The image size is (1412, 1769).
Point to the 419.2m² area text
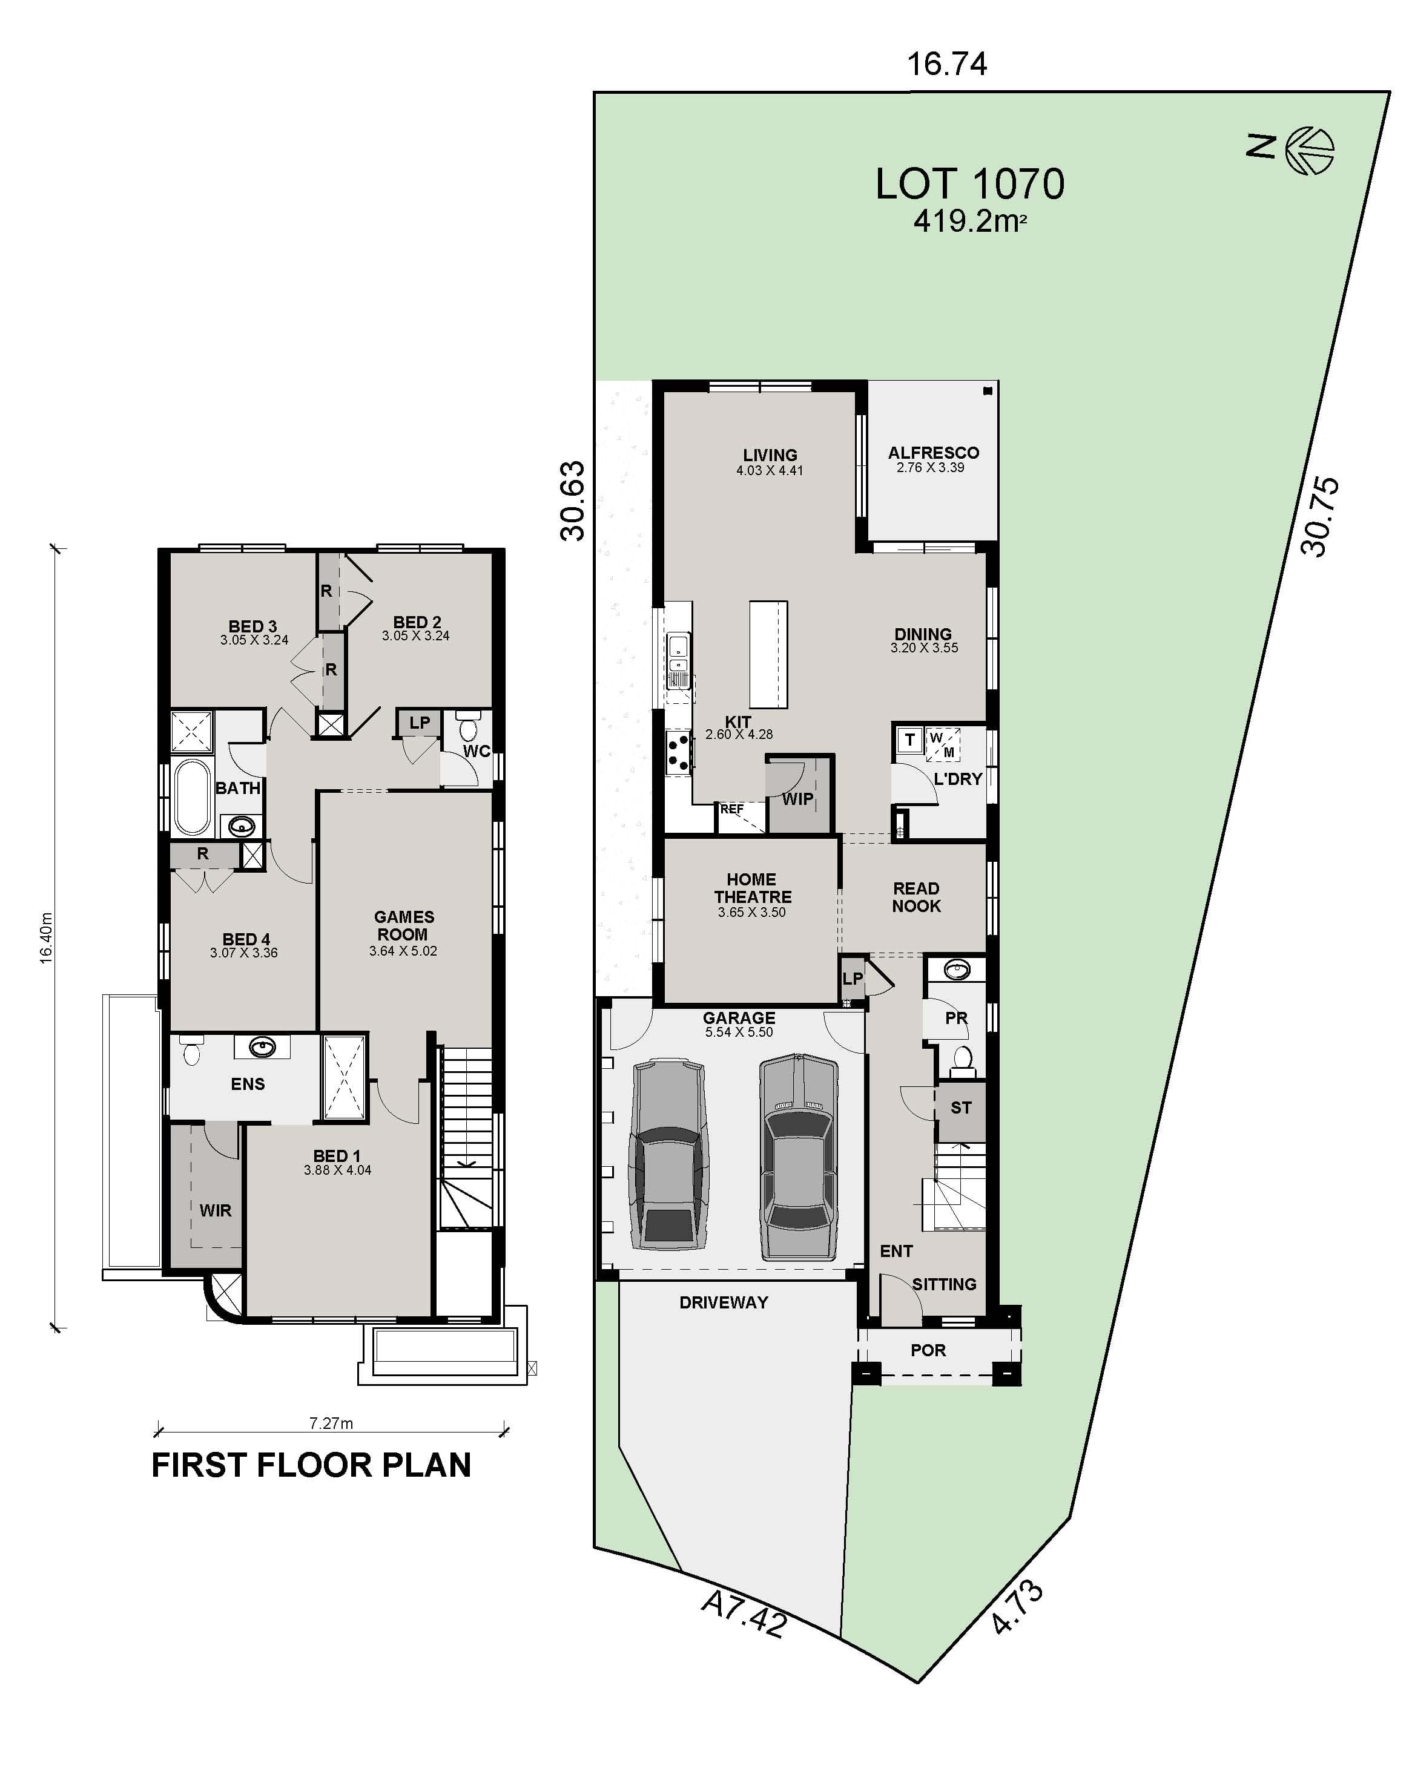coord(969,222)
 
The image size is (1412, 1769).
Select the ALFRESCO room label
coord(934,453)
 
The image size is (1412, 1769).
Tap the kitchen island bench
coord(768,654)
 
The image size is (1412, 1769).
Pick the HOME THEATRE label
coord(752,888)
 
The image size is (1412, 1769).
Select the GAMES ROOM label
coord(403,925)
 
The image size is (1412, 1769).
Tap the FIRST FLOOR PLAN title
coord(311,1465)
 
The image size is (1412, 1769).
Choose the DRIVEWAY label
coord(723,1302)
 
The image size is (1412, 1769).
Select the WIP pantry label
coord(797,799)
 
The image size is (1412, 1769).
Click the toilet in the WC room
coord(469,729)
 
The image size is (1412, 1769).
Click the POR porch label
coord(928,1350)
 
